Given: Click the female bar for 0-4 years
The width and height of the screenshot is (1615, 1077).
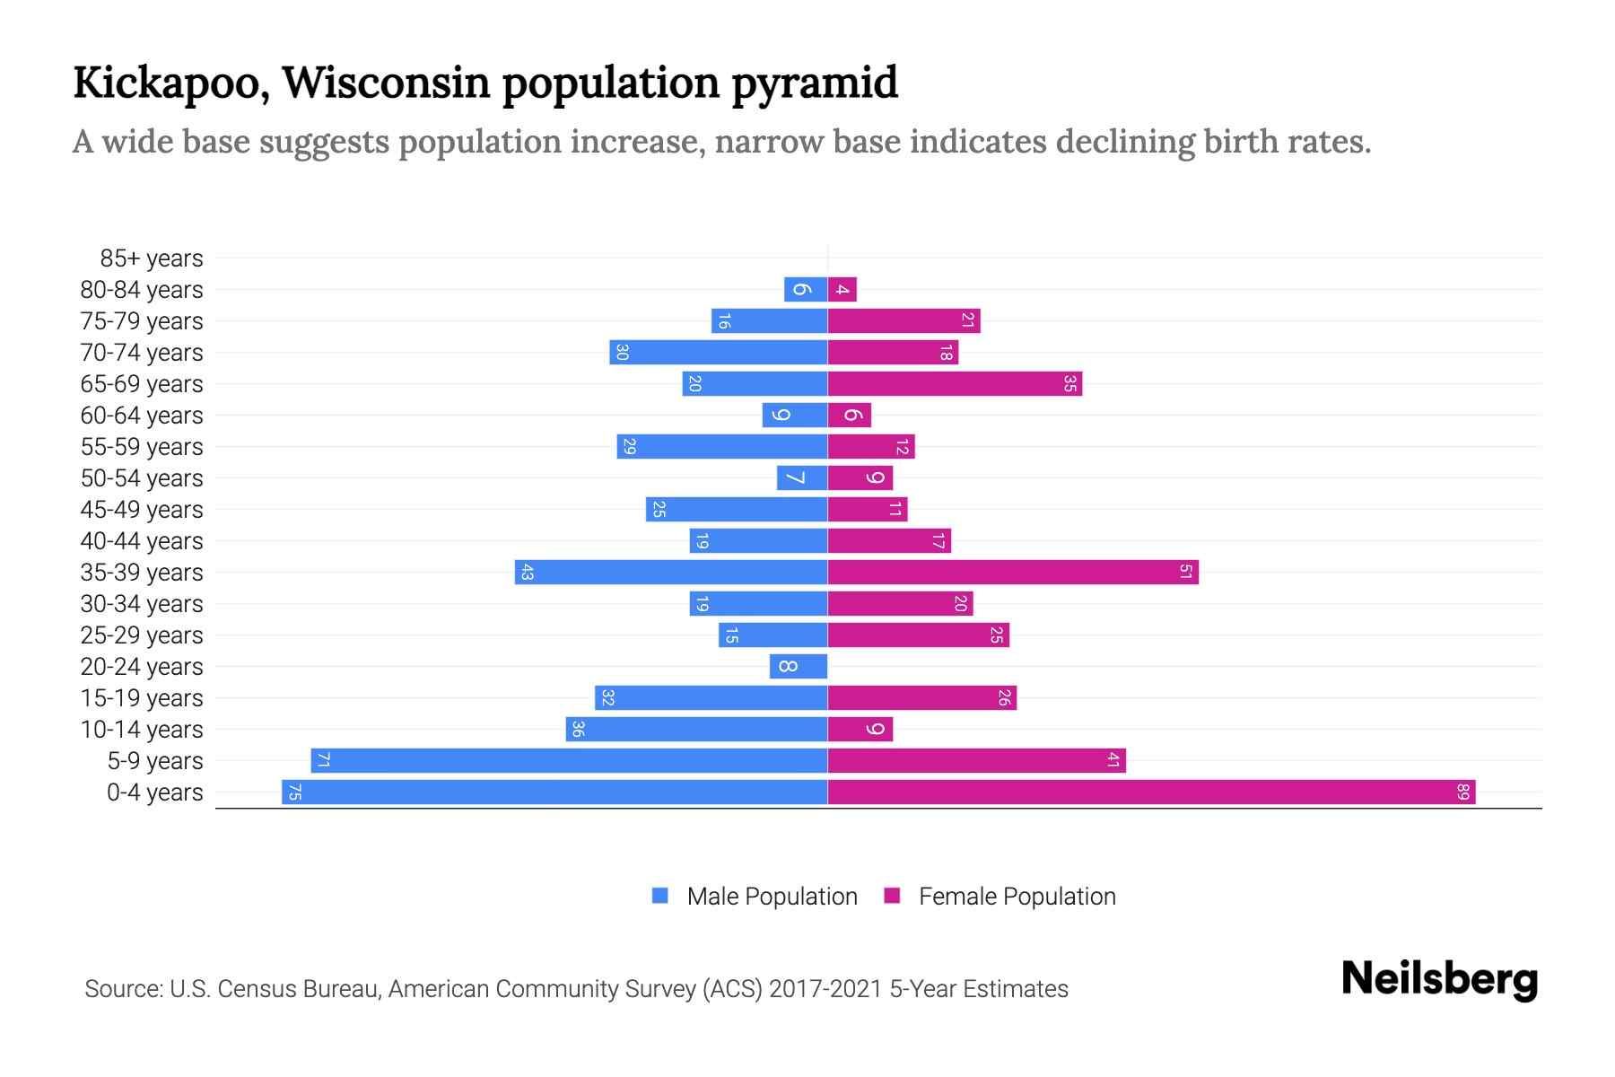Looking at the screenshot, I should (x=1151, y=792).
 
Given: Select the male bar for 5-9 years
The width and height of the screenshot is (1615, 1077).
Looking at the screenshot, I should (x=569, y=760).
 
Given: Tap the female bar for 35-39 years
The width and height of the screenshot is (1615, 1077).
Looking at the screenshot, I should (x=1013, y=572).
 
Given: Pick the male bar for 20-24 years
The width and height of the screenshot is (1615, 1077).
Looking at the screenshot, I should (x=799, y=666).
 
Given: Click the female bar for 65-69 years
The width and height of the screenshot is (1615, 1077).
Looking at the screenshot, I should (x=955, y=383).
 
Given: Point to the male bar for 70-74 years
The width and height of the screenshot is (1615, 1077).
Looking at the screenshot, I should (x=718, y=352).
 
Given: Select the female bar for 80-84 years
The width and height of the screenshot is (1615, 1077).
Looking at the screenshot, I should (x=842, y=289).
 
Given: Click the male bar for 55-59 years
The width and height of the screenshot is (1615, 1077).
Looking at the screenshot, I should (x=721, y=446).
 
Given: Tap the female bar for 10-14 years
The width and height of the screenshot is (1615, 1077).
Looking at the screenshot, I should (x=860, y=729).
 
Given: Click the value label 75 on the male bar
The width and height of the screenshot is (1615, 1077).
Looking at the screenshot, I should (x=294, y=792).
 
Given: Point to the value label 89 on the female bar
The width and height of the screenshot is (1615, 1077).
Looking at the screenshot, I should (x=1462, y=792).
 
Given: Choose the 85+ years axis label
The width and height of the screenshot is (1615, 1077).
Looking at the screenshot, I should (x=151, y=258).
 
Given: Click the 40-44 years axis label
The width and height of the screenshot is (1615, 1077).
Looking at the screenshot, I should (x=142, y=541).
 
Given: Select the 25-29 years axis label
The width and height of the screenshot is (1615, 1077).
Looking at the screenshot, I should (x=142, y=635).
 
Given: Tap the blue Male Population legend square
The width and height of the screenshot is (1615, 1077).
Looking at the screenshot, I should (x=660, y=896).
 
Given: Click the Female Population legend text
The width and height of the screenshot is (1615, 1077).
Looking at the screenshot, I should (x=1017, y=896).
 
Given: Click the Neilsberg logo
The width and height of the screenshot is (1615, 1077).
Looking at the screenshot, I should (x=1439, y=979).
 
